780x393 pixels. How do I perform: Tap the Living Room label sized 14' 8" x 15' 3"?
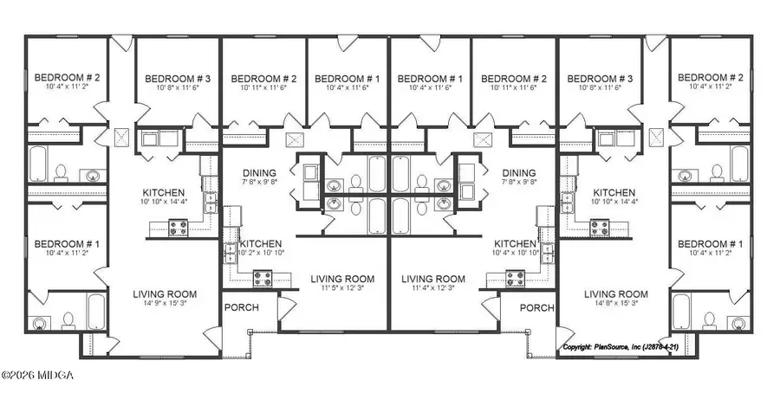(x=617, y=294)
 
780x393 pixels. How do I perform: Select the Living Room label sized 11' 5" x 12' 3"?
(x=342, y=279)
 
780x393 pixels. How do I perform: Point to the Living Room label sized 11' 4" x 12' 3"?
(x=433, y=279)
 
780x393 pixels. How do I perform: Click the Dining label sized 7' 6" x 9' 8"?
(x=259, y=172)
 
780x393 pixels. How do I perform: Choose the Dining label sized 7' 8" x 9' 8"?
(x=518, y=172)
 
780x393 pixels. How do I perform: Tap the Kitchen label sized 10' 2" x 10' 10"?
(x=260, y=244)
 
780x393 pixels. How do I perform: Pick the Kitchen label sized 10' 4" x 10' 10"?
(x=518, y=244)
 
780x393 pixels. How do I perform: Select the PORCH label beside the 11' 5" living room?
(x=242, y=307)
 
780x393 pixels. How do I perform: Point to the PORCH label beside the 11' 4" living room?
(x=536, y=307)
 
